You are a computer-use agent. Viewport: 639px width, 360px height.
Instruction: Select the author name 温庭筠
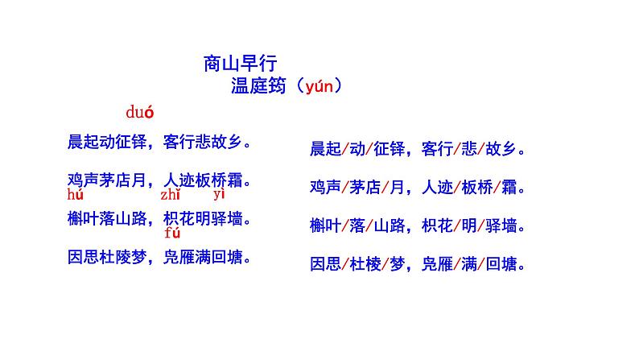pos(258,86)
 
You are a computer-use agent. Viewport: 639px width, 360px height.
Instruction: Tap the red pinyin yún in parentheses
pos(318,86)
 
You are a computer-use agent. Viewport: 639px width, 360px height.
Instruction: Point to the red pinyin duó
pos(139,112)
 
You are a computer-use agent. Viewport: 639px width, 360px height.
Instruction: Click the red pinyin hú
pos(76,195)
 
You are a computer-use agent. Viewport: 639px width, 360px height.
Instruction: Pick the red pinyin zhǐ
pos(170,195)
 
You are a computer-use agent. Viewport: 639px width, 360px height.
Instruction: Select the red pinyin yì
pos(219,195)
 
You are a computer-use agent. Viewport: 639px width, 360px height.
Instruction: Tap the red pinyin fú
pos(171,234)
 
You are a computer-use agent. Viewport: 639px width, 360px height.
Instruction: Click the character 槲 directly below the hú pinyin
pos(76,217)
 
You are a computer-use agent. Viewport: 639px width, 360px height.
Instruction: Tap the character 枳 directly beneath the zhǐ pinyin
pos(171,217)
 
